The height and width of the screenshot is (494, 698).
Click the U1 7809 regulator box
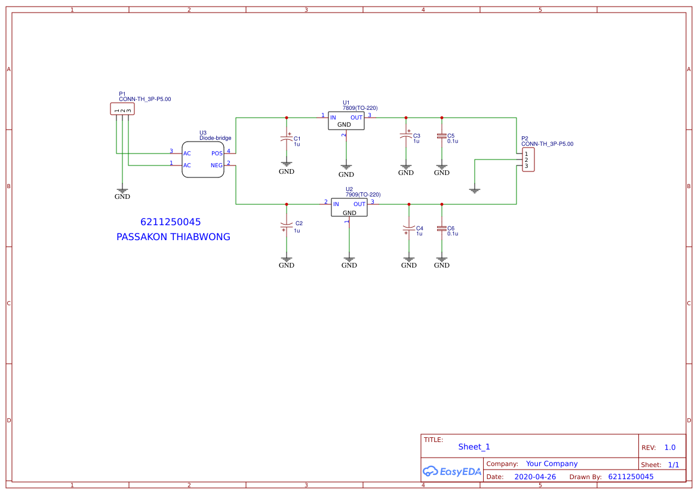click(346, 121)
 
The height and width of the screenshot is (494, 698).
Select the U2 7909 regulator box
click(349, 208)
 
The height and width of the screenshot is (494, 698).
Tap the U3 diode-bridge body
click(203, 159)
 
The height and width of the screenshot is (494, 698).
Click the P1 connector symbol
click(122, 109)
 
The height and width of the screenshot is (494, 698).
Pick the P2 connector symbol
click(528, 160)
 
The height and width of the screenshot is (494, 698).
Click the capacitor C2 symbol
click(287, 226)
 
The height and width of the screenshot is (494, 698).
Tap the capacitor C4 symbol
click(409, 229)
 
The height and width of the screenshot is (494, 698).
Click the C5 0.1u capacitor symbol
click(442, 136)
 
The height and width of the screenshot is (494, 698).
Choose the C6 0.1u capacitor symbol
click(442, 229)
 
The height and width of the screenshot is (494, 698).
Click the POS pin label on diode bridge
click(217, 154)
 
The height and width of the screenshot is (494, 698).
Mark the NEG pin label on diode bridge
click(216, 165)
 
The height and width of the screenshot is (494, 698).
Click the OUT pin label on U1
click(356, 118)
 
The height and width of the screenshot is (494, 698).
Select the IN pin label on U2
click(336, 204)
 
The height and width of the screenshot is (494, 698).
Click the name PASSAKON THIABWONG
click(173, 237)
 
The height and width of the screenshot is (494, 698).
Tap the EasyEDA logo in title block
click(452, 471)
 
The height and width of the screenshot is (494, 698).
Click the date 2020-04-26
click(535, 477)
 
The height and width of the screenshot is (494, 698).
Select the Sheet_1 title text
click(474, 447)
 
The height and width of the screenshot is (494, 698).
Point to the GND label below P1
click(122, 197)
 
